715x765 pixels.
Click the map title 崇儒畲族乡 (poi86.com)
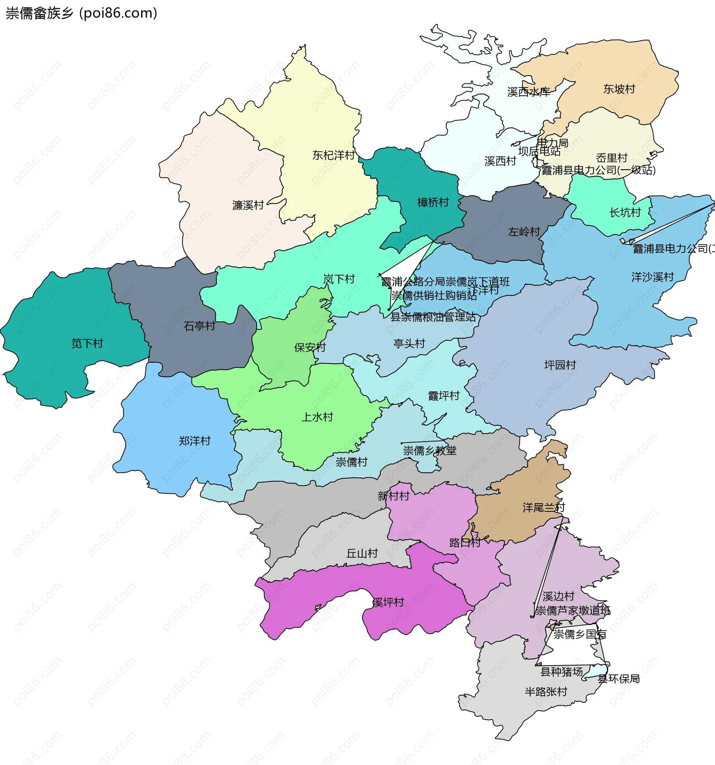pos(82,13)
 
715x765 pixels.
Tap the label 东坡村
pos(619,89)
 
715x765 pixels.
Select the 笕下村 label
pos(88,343)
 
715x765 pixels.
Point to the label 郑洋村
pos(195,441)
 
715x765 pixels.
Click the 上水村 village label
pos(317,417)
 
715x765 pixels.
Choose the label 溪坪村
pos(388,603)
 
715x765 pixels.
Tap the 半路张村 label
pos(546,692)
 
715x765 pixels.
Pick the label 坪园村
pos(560,365)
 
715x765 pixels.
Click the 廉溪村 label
pos(248,206)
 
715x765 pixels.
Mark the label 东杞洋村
pos(333,155)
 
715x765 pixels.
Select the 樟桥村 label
pos(433,202)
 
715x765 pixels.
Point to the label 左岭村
pos(524,232)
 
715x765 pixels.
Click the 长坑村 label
pos(625,213)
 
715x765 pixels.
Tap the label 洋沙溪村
pos(653,277)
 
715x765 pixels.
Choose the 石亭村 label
pos(199,326)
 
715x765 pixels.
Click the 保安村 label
pos(310,347)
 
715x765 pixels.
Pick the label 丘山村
pos(362,554)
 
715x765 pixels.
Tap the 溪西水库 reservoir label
pos(529,92)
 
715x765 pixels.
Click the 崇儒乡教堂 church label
pos(429,451)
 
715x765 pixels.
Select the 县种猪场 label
pos(562,672)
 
